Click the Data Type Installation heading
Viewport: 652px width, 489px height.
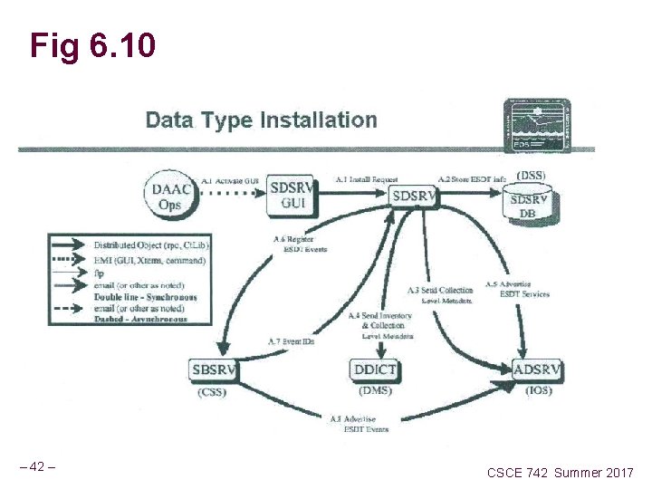[x=261, y=120]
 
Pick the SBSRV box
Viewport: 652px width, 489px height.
[x=215, y=369]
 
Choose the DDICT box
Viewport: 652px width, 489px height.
[x=374, y=369]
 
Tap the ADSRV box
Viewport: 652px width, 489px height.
[x=537, y=369]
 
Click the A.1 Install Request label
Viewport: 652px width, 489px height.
[x=366, y=179]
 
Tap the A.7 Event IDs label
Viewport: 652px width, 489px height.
[x=291, y=341]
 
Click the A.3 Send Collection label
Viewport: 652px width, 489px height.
[x=440, y=290]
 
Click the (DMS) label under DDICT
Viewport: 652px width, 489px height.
[x=374, y=390]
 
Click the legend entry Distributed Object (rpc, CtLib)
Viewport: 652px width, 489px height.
[x=150, y=245]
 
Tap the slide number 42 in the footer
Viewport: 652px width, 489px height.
[x=37, y=467]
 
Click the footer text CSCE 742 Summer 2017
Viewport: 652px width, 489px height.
[x=561, y=473]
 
